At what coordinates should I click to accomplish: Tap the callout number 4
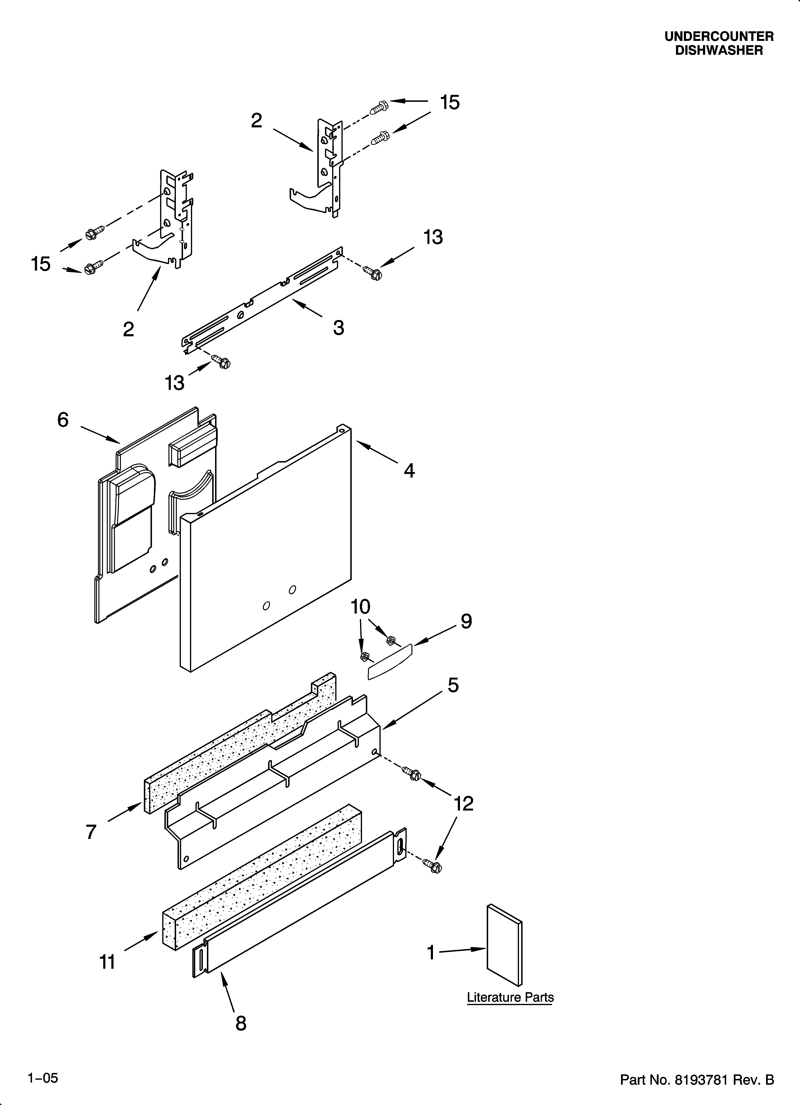[409, 471]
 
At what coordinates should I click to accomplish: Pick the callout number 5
[453, 685]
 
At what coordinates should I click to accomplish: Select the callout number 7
[91, 832]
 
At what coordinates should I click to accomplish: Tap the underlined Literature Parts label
[510, 997]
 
